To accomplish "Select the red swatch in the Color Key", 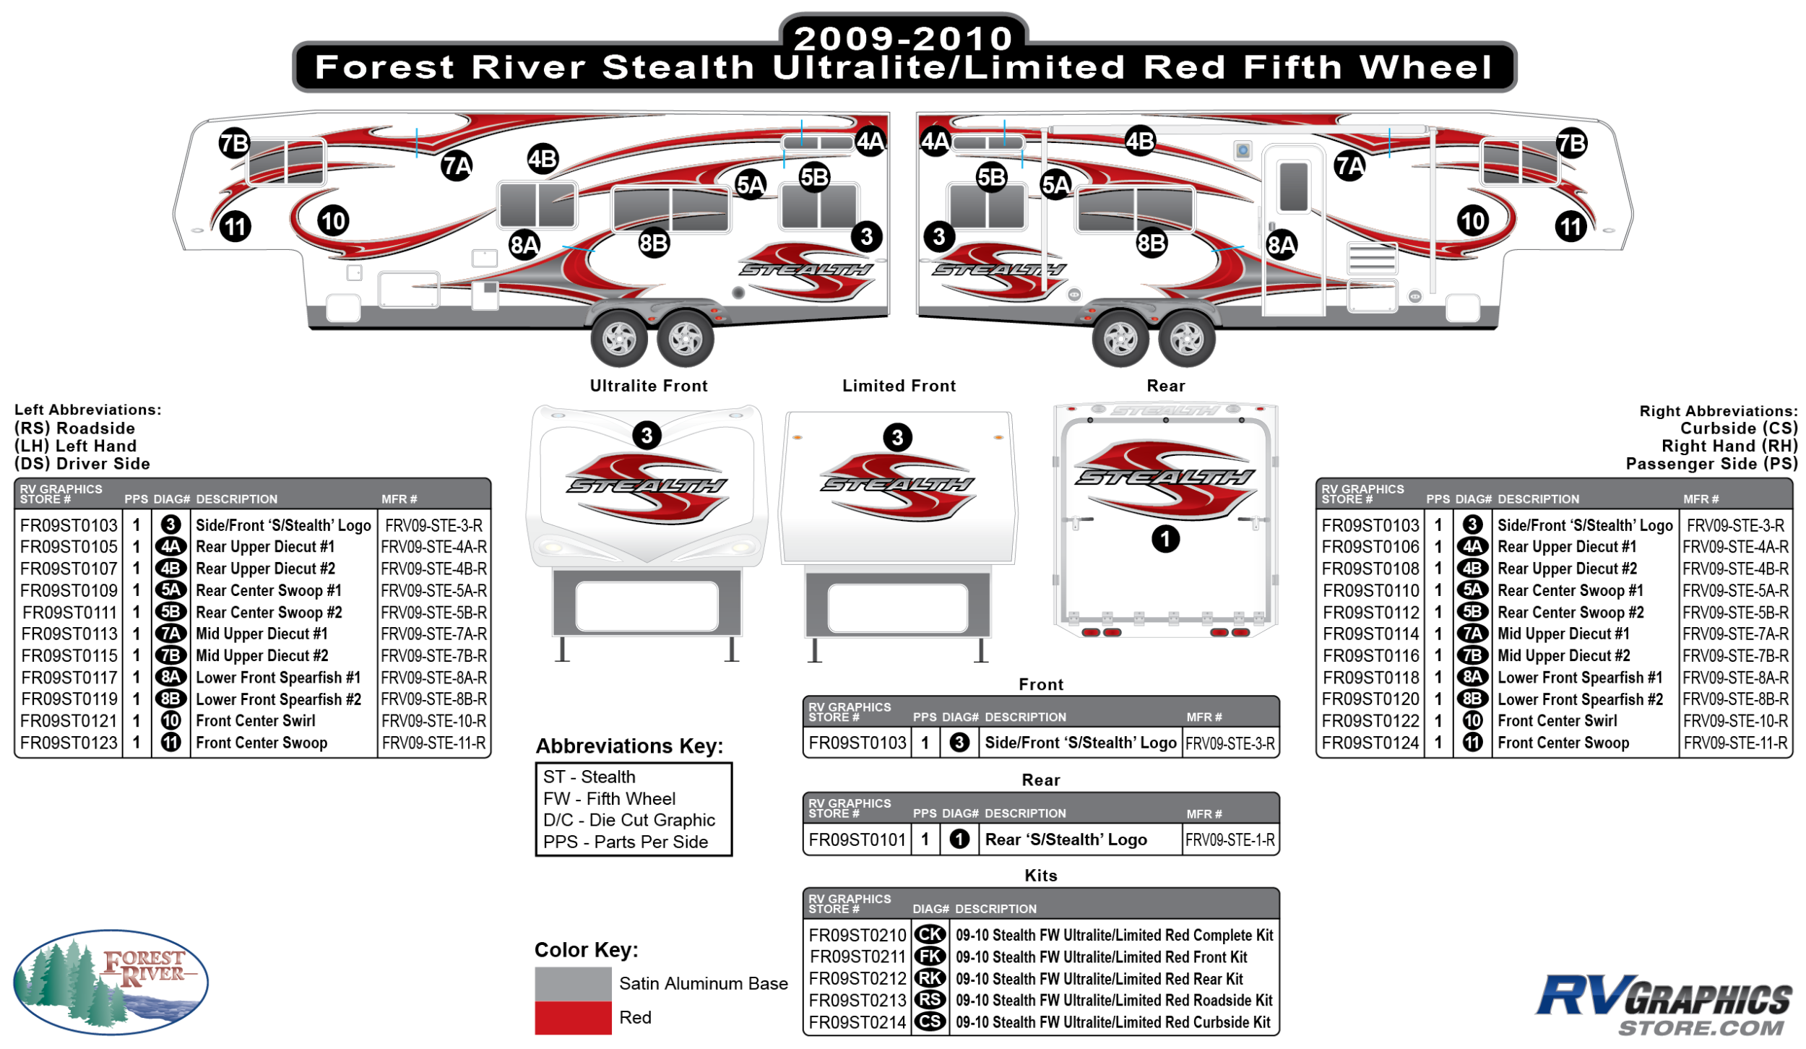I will pyautogui.click(x=572, y=1017).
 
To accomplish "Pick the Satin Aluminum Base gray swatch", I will pyautogui.click(x=572, y=983).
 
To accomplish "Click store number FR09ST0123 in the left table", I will pyautogui.click(x=69, y=743).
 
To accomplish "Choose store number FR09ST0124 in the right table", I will pyautogui.click(x=1370, y=743).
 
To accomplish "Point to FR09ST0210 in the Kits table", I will pyautogui.click(x=856, y=935).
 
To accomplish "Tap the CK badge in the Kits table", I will pyautogui.click(x=930, y=935).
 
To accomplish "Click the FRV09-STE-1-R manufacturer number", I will pyautogui.click(x=1230, y=839).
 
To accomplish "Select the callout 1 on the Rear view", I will pyautogui.click(x=1165, y=539).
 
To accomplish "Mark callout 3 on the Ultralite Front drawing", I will pyautogui.click(x=647, y=436).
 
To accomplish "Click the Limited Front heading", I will pyautogui.click(x=899, y=386).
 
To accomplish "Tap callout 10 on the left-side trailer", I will pyautogui.click(x=333, y=221).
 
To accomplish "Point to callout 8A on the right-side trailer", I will pyautogui.click(x=1281, y=245).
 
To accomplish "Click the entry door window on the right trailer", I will pyautogui.click(x=1293, y=186).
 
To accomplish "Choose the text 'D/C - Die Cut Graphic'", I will pyautogui.click(x=628, y=820).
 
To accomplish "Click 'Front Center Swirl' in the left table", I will pyautogui.click(x=256, y=721).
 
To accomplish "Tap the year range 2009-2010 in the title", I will pyautogui.click(x=903, y=38).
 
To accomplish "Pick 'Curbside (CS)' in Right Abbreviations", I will pyautogui.click(x=1738, y=428).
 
